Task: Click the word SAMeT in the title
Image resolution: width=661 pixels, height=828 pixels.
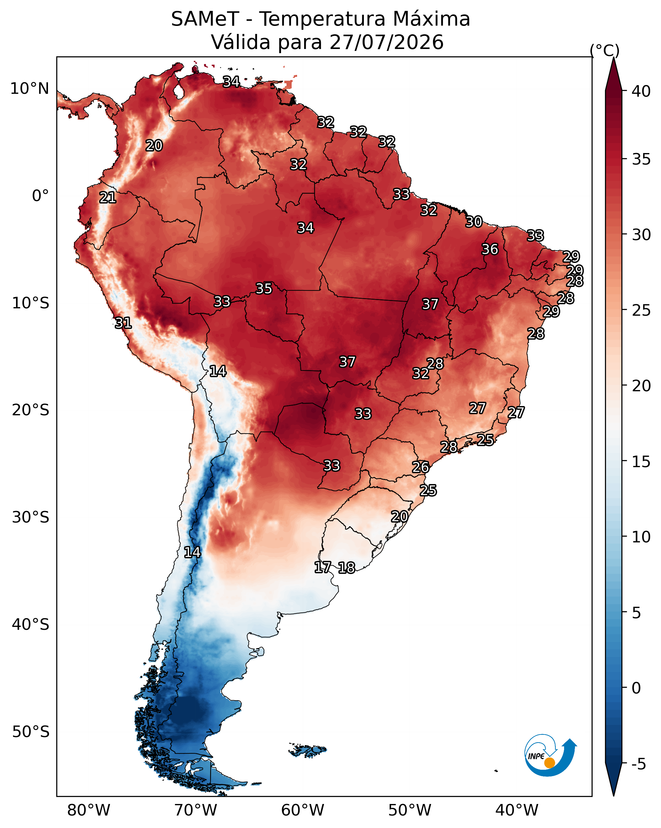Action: click(205, 19)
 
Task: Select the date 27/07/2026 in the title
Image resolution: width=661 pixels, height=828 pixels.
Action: click(386, 42)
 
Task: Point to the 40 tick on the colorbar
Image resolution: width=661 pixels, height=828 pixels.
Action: click(641, 91)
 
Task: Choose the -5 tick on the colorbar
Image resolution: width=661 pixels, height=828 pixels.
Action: click(639, 764)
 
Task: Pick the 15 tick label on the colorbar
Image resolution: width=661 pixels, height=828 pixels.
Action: click(641, 462)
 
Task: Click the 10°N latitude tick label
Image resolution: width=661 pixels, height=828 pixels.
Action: click(29, 89)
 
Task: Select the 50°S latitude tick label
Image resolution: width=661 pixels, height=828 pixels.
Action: click(31, 732)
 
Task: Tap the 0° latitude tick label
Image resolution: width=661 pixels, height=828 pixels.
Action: click(40, 196)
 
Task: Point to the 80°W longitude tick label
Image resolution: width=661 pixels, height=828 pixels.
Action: click(89, 810)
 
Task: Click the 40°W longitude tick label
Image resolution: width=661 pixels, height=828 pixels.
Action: click(517, 810)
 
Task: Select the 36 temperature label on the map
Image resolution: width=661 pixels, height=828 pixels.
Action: click(490, 249)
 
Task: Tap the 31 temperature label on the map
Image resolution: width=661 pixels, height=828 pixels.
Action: click(123, 323)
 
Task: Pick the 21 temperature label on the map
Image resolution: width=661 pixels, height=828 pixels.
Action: click(107, 198)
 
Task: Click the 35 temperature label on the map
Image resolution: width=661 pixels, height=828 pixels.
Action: click(264, 288)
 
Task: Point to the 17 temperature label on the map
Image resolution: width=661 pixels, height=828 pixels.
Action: click(323, 567)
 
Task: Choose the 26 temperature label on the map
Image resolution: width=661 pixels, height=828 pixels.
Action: click(421, 467)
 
